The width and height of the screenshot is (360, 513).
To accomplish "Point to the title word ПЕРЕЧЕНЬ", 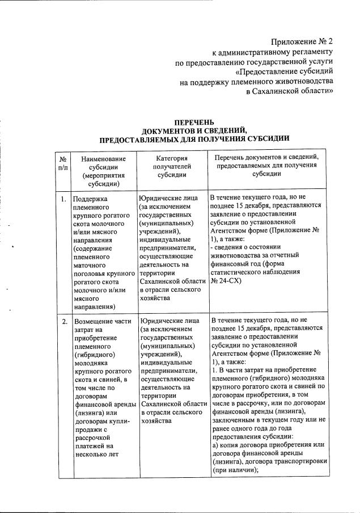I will (194, 122).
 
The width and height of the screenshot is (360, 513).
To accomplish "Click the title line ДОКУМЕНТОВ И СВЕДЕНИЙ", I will (194, 130).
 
